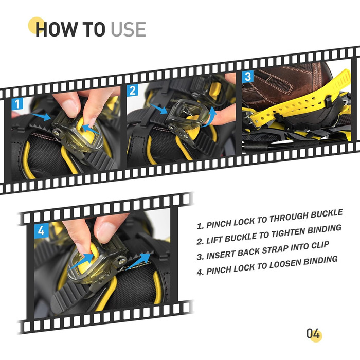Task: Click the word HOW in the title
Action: point(56,29)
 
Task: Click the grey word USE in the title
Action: point(128,29)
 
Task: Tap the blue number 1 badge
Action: point(17,104)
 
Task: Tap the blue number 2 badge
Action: point(133,91)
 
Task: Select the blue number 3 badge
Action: point(248,77)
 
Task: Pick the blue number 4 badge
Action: point(41,230)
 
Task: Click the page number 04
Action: point(313,334)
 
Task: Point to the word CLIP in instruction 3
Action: point(320,245)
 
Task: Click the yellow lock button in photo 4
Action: point(89,259)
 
